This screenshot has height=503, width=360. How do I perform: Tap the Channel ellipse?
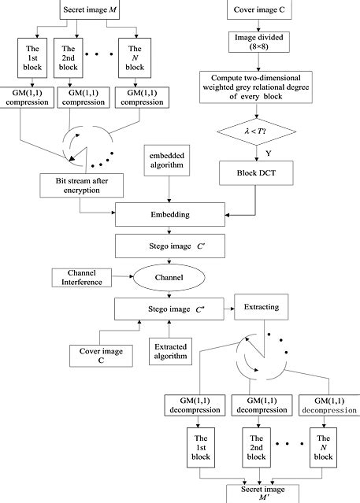(x=171, y=277)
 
